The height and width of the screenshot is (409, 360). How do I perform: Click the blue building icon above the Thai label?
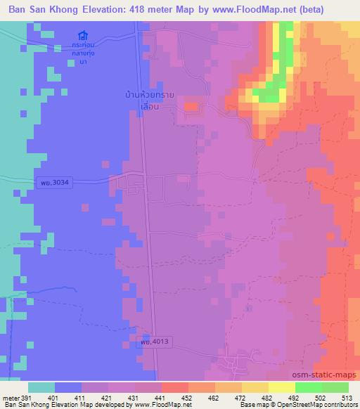coord(84,35)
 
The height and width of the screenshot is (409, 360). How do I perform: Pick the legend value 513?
coord(347,397)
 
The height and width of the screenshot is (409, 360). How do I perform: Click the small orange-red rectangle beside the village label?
coord(191,107)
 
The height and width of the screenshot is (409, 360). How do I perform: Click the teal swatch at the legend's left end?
coord(41,387)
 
